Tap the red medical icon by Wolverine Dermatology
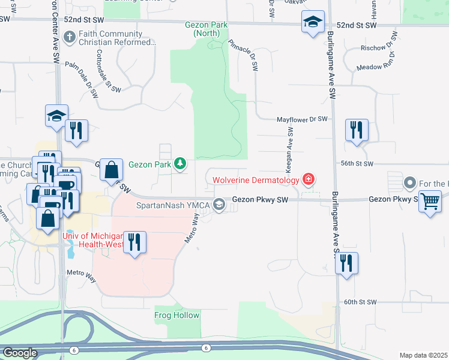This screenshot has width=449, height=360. (309, 179)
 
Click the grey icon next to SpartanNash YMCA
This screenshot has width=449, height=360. (220, 204)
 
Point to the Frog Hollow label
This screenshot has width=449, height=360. (177, 315)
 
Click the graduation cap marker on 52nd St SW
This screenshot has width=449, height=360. (312, 22)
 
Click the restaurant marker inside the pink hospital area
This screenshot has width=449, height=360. (135, 242)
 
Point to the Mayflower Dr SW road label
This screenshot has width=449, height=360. (302, 120)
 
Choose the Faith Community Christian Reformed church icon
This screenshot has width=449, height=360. (70, 38)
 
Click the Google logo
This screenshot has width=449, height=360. (20, 353)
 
